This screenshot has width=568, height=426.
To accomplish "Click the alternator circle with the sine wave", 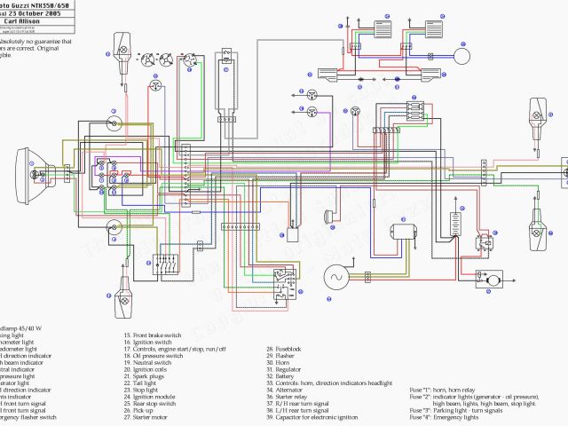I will [337, 277].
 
